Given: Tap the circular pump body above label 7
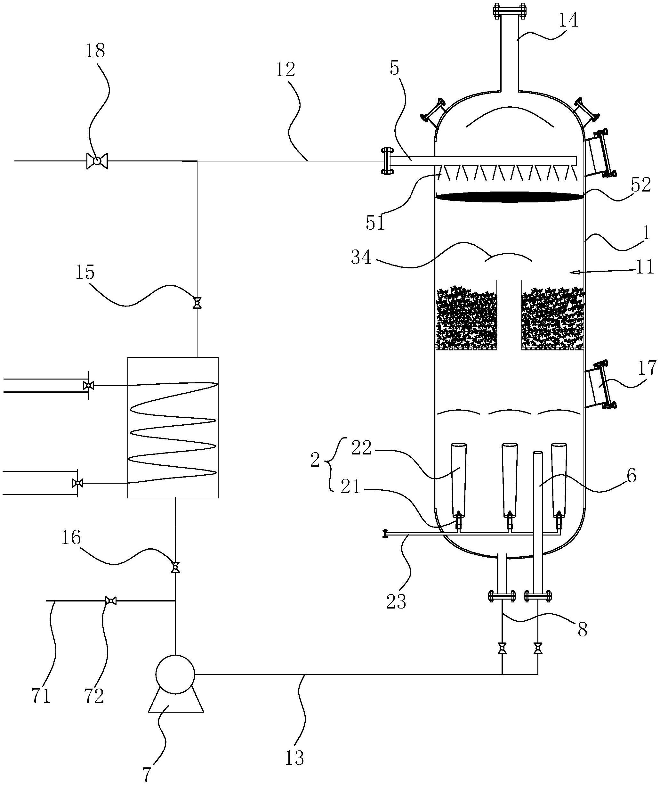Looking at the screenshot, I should coord(175,674).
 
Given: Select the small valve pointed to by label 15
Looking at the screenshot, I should coord(197,303).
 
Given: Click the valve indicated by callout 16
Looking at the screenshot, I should coord(175,567).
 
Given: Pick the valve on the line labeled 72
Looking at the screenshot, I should coord(110,601).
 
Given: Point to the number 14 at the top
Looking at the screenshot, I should coord(568,20).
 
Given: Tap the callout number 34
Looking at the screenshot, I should coord(361,258).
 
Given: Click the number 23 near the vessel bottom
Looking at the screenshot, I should coord(396,601).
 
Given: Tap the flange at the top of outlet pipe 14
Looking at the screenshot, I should coord(509,11).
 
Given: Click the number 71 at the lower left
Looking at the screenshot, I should coord(41,696).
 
